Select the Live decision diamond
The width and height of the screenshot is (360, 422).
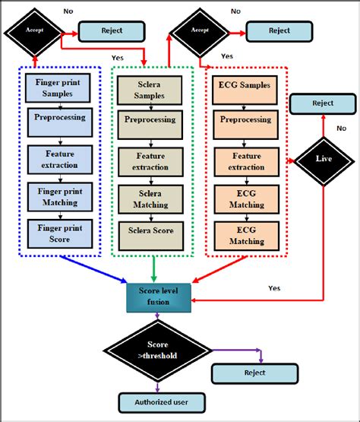coord(323,159)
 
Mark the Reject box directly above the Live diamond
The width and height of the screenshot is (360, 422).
coord(322,103)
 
